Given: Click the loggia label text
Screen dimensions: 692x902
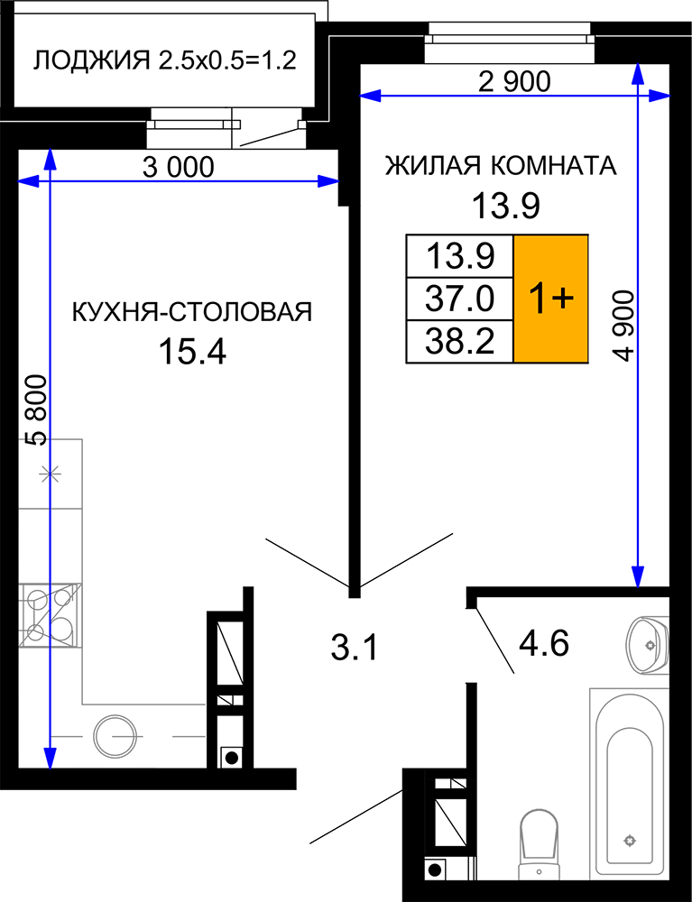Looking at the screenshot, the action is tap(164, 60).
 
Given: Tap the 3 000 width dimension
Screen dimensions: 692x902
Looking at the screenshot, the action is tap(178, 168).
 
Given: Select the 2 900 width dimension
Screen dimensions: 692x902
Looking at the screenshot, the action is tap(514, 82).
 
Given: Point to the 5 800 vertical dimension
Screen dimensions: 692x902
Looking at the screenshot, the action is tap(36, 410).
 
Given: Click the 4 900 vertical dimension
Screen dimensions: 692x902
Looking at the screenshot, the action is tap(623, 326).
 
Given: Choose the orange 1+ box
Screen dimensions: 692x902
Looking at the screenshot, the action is tap(550, 299).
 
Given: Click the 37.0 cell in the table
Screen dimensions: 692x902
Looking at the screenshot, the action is tap(459, 299).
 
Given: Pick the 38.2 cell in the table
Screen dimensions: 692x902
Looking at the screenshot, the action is tap(459, 342).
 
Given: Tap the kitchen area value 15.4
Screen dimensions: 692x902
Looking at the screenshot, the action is tap(192, 351).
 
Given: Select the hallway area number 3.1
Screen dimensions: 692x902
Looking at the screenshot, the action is tap(355, 646).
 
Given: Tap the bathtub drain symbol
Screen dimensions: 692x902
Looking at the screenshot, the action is tap(630, 841).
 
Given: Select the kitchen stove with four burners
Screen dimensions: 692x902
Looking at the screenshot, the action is tap(50, 615).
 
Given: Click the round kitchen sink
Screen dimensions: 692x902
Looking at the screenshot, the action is tap(116, 736).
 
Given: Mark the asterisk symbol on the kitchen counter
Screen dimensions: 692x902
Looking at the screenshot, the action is tap(50, 474).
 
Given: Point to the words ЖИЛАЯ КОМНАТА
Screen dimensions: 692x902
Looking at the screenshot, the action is tap(501, 166).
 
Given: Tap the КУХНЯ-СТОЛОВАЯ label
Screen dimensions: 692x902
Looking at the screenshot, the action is tap(192, 312).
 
